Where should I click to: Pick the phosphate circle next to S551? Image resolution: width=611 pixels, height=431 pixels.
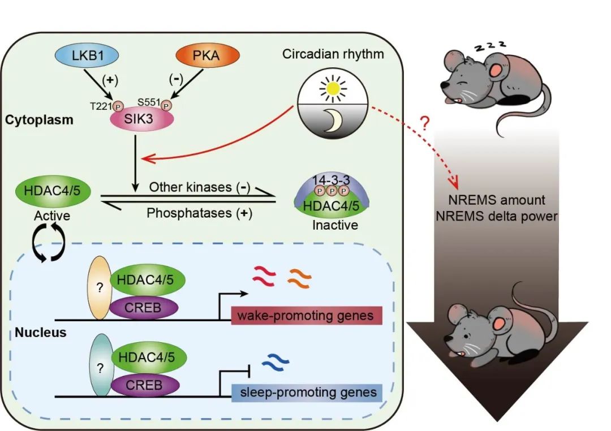pos(166,106)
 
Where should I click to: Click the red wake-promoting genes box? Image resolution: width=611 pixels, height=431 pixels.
pos(307,316)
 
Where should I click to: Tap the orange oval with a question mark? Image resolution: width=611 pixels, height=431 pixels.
pos(100,287)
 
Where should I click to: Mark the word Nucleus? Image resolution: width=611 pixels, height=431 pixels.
pos(41,333)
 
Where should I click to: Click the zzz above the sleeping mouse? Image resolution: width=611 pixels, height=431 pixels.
pos(490,45)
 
